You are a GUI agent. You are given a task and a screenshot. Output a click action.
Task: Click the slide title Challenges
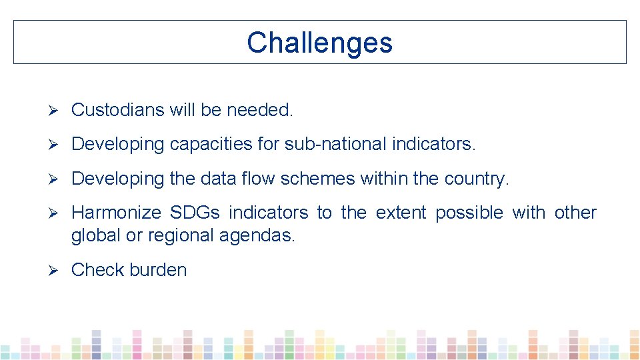click(319, 43)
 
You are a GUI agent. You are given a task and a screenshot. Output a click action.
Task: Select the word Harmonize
click(117, 213)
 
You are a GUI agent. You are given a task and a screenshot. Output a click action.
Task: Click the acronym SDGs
click(195, 213)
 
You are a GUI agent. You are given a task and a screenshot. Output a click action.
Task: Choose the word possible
click(469, 213)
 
